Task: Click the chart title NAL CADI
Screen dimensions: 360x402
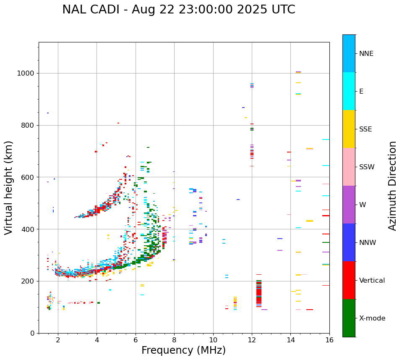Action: (178, 10)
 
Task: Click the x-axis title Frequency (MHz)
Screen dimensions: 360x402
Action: (183, 350)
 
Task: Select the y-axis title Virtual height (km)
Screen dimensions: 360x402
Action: (9, 187)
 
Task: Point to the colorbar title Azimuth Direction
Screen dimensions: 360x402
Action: (392, 186)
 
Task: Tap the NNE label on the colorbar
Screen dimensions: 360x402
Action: (366, 54)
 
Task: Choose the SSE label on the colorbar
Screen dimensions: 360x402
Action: (365, 129)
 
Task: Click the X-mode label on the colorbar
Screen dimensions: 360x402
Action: (372, 318)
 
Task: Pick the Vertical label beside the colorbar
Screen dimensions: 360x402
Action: (372, 281)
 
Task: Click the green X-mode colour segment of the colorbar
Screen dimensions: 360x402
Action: (349, 318)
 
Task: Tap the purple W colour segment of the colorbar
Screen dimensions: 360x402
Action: (349, 205)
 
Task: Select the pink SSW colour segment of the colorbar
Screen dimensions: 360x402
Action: (349, 167)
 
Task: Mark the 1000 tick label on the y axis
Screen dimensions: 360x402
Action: (26, 74)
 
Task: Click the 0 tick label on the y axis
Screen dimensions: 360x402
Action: (32, 333)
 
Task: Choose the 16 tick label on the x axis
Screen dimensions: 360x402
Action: (329, 340)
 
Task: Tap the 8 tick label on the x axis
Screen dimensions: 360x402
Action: (174, 340)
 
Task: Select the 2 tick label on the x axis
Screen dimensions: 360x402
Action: (58, 340)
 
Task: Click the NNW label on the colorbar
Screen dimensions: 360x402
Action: (368, 243)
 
